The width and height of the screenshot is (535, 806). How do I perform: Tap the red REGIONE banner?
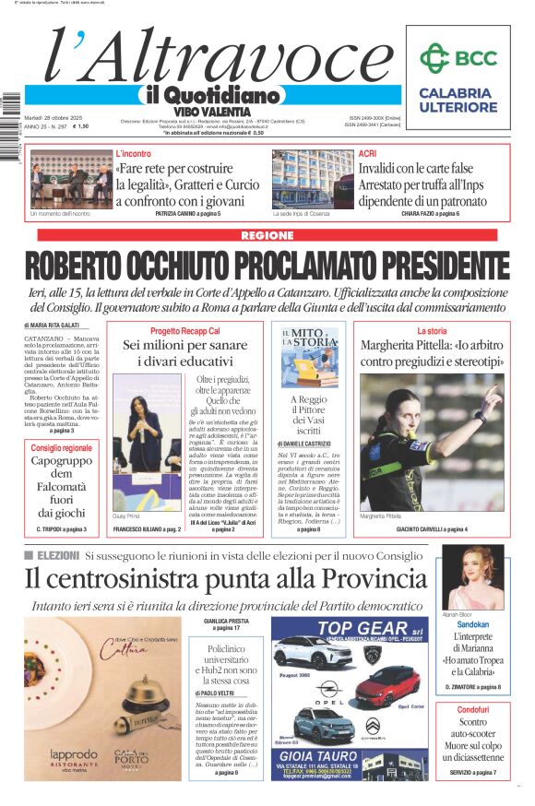pyautogui.click(x=267, y=236)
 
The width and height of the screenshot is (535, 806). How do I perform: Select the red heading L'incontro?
pyautogui.click(x=134, y=153)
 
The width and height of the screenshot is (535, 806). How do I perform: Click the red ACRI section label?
pyautogui.click(x=367, y=153)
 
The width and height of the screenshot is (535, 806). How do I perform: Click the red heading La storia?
pyautogui.click(x=432, y=331)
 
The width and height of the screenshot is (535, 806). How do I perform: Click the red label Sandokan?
pyautogui.click(x=473, y=624)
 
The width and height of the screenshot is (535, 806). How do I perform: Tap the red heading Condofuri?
pyautogui.click(x=473, y=710)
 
